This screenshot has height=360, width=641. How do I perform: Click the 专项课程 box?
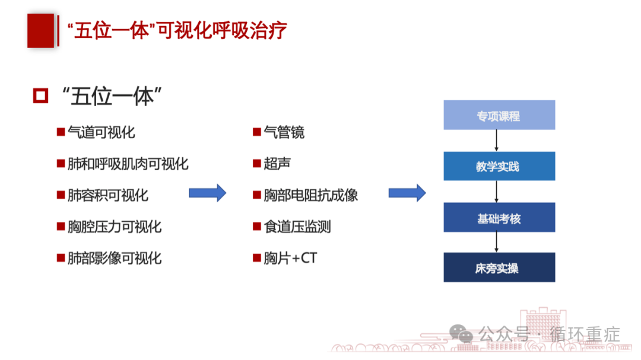click(499, 115)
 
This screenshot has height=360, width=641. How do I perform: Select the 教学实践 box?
click(499, 166)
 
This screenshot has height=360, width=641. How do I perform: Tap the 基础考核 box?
click(499, 218)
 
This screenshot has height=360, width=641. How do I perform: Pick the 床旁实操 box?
click(499, 267)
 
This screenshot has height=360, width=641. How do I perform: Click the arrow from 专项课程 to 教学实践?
click(496, 141)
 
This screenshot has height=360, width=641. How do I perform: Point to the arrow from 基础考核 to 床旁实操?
click(496, 243)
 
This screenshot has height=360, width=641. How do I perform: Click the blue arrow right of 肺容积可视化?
click(207, 193)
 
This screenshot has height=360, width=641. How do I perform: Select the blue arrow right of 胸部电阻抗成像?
click(407, 193)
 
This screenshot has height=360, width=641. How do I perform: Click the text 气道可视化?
click(101, 132)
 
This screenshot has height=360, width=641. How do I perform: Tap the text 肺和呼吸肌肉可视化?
click(128, 164)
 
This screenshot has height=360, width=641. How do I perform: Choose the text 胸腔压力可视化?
click(115, 227)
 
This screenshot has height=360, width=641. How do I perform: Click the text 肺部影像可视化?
click(115, 258)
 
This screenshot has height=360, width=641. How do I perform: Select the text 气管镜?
click(284, 132)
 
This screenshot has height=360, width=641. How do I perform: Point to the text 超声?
click(277, 164)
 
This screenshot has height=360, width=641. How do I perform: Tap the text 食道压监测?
click(297, 227)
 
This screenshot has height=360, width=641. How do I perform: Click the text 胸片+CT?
click(290, 258)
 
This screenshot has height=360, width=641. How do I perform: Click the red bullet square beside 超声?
click(257, 164)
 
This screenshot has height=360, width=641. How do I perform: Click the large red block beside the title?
click(40, 31)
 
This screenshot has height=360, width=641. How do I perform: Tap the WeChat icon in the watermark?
click(461, 333)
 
